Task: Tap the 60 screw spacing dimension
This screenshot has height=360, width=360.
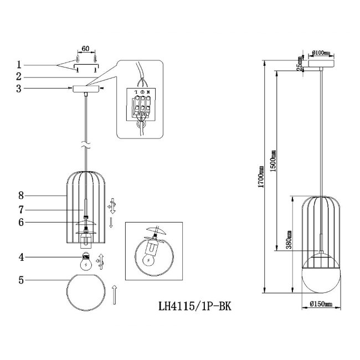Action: point(85,49)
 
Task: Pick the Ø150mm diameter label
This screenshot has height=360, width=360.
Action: point(320,303)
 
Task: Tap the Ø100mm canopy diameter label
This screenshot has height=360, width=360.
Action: point(321,53)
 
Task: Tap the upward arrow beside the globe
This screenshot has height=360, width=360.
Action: point(114,294)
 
